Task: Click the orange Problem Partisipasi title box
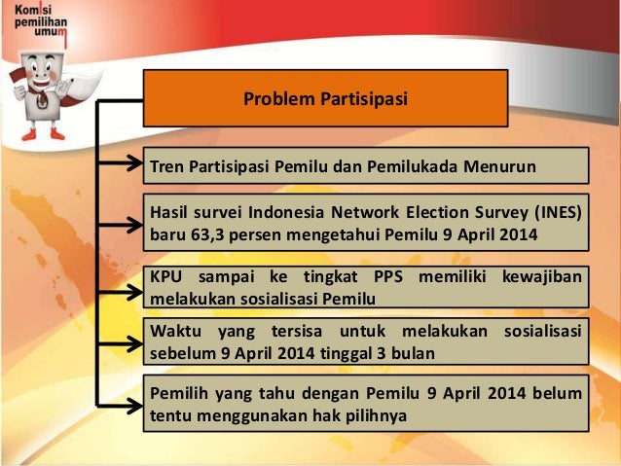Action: pos(325,98)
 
